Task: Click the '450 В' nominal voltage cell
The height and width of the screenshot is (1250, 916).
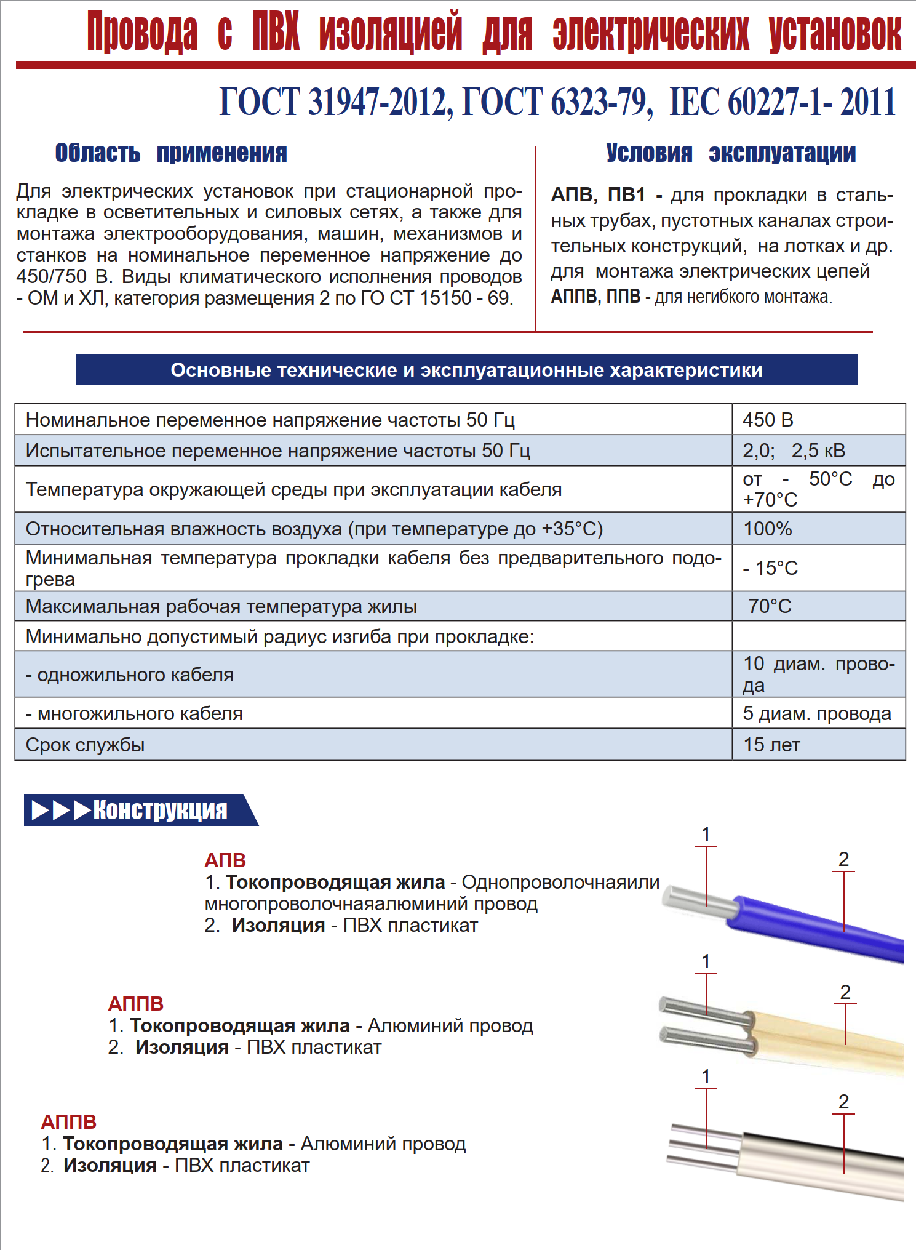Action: click(x=768, y=420)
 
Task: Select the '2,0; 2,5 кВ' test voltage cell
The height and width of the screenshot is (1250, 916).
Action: click(x=794, y=451)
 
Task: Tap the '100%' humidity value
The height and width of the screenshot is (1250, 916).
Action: click(x=767, y=529)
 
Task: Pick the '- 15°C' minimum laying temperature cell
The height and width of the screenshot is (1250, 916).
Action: click(x=770, y=567)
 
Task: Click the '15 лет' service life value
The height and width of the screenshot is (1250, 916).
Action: click(x=771, y=745)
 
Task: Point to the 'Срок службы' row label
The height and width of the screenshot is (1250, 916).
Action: click(x=86, y=745)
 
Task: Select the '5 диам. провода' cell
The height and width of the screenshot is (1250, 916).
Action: click(x=816, y=713)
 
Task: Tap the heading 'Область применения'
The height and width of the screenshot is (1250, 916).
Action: click(x=171, y=153)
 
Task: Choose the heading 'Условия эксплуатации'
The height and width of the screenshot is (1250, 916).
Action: click(x=730, y=153)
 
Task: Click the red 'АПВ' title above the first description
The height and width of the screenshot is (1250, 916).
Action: click(x=225, y=860)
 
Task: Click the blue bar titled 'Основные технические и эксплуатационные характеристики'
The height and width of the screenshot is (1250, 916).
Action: click(x=466, y=370)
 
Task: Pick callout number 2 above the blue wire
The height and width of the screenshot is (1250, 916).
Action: click(x=843, y=859)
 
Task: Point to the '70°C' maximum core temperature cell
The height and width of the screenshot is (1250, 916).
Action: click(x=770, y=606)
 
